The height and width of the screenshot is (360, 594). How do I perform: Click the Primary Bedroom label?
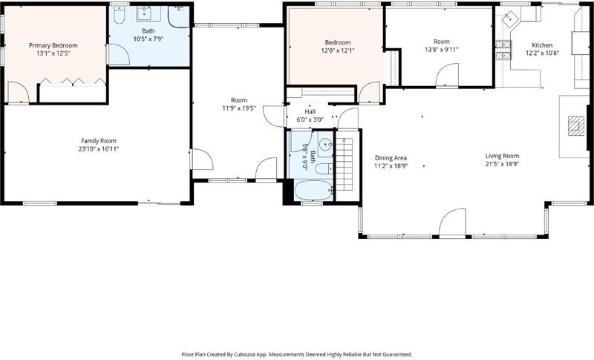[x=53, y=45]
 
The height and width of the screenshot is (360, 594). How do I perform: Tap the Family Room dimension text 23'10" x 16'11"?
[x=99, y=148]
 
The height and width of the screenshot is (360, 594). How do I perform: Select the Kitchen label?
[x=542, y=45]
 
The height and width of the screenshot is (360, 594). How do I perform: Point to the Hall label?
[x=310, y=111]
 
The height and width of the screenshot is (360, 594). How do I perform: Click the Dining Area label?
[x=391, y=158]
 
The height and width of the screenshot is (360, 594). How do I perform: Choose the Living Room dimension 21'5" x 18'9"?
[x=502, y=164]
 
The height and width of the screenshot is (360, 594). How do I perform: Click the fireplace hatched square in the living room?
[x=576, y=125]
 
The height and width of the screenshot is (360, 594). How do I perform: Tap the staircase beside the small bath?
[x=345, y=164]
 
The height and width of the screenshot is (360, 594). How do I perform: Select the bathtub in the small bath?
[x=313, y=191]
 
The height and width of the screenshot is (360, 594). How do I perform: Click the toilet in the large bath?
[x=120, y=15]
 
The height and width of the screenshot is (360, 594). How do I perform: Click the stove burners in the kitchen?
[x=503, y=50]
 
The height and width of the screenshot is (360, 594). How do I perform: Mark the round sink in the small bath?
[x=325, y=144]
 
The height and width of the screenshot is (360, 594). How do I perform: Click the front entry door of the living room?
[x=452, y=223]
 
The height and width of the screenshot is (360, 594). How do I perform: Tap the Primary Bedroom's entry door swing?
[x=18, y=92]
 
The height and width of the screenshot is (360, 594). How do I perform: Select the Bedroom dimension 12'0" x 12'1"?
[x=338, y=50]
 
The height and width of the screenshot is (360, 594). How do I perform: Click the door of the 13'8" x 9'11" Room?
[x=447, y=75]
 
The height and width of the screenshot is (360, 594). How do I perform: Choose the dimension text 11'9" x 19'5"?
[x=239, y=108]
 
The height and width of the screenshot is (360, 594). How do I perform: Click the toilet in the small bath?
[x=324, y=168]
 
